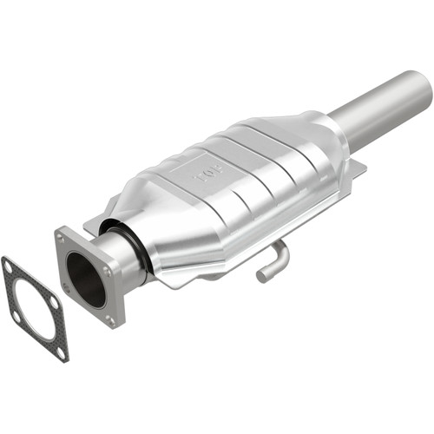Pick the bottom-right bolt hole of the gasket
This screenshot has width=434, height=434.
(x=60, y=349)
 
